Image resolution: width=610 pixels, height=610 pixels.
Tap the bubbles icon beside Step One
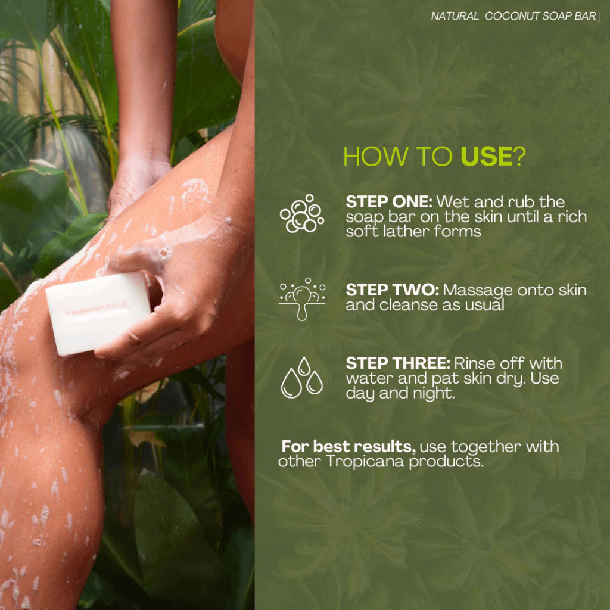click(302, 214)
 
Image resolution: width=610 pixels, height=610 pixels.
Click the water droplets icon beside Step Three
click(302, 377)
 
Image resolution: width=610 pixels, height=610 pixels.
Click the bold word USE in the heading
click(486, 157)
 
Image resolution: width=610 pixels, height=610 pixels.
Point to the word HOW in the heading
click(375, 157)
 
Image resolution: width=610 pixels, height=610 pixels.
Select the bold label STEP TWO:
click(392, 290)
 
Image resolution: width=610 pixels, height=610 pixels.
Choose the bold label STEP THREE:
click(398, 363)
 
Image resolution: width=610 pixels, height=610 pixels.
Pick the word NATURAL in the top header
click(455, 16)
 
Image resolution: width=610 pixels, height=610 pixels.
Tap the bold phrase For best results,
click(348, 447)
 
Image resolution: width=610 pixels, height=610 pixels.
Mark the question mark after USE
click(519, 157)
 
